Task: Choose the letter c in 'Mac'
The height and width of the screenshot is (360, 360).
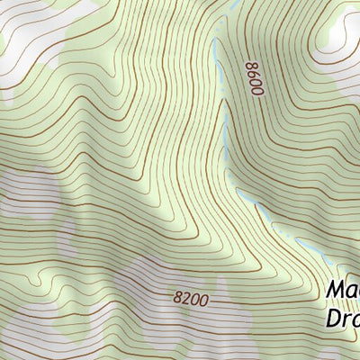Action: [x=356, y=292]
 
